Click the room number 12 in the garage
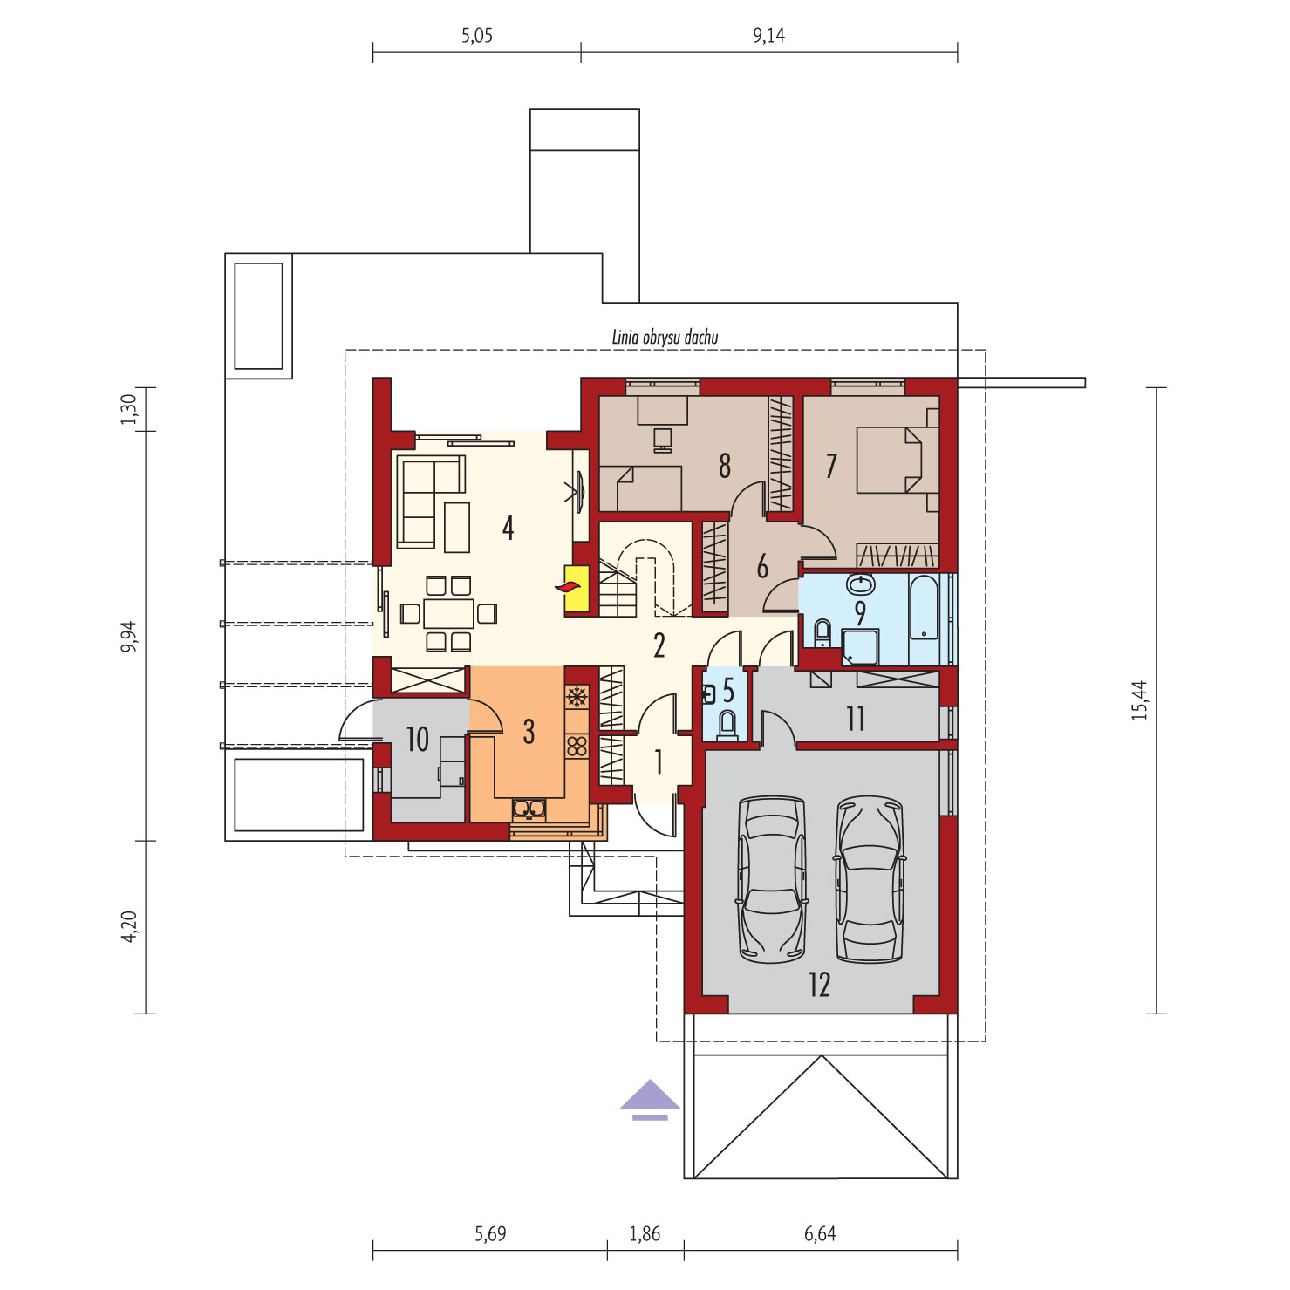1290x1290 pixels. coord(820,985)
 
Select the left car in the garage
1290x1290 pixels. coord(772,879)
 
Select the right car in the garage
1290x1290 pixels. coord(870,879)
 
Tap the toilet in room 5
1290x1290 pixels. coord(727,726)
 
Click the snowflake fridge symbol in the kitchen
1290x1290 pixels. coord(576,696)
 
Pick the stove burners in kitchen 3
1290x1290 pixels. coord(577,746)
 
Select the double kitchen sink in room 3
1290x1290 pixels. coord(529,809)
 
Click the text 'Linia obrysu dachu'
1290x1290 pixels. coord(665,338)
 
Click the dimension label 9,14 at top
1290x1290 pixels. coord(768,36)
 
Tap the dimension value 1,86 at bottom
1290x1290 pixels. coord(645,1234)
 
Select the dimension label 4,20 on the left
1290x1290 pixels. coord(129,926)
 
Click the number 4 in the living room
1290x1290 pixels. coord(508,528)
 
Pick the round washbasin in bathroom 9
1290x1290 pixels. coord(861,584)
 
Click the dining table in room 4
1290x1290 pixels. coord(448,613)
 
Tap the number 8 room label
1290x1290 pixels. coord(725,466)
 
